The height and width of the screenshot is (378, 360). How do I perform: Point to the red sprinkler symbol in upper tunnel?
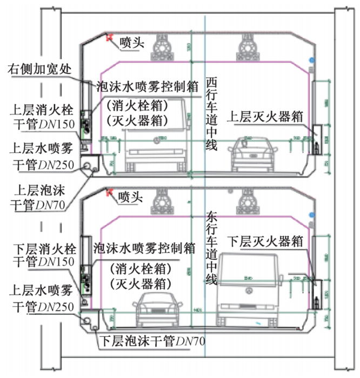click(x=110, y=38)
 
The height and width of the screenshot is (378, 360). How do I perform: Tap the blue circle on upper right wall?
click(x=310, y=59)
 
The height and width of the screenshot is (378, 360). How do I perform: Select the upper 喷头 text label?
click(x=132, y=42)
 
